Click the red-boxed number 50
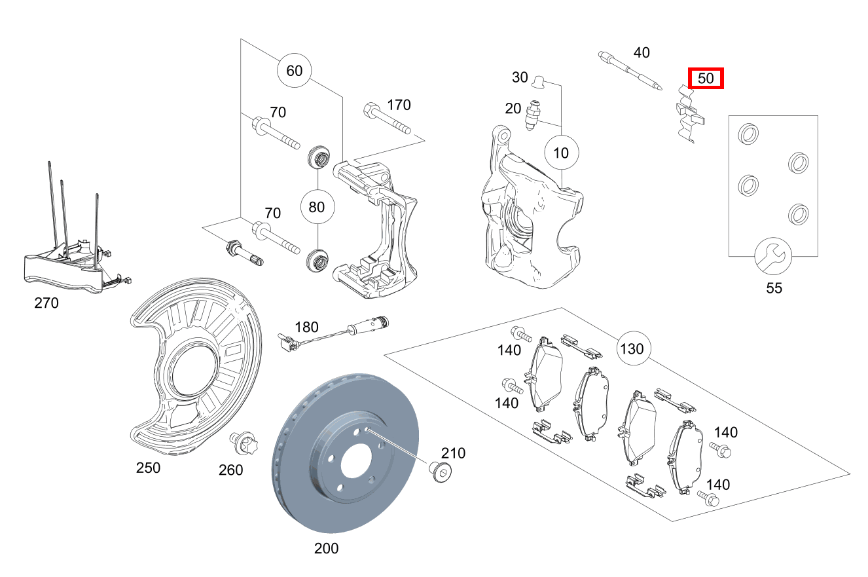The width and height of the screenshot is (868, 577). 705,79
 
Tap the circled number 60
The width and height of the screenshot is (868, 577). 295,70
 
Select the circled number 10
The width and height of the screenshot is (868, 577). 561,153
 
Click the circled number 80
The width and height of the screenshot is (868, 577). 317,207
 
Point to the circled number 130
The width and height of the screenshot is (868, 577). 632,349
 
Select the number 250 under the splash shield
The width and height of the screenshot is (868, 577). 148,468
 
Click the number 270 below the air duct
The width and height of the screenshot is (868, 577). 46,303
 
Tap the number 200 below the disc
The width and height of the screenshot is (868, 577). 326,548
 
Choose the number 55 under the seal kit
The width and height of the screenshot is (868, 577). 774,288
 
